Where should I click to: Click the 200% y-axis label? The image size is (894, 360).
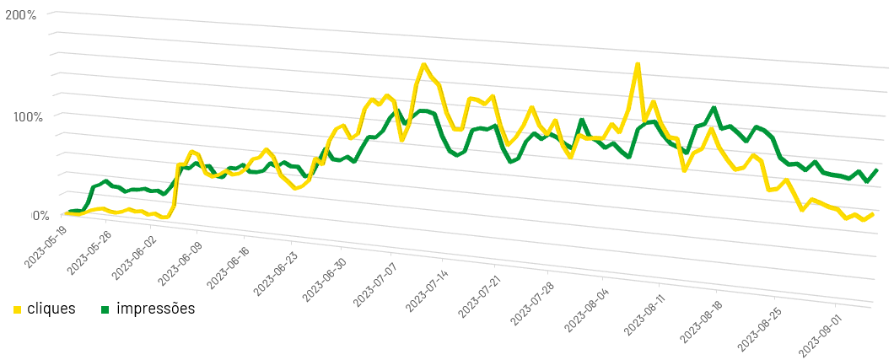pyautogui.click(x=19, y=17)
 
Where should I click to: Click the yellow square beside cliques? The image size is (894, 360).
pyautogui.click(x=18, y=309)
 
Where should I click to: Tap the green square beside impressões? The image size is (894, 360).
pyautogui.click(x=105, y=309)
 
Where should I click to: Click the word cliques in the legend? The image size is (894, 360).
pyautogui.click(x=51, y=309)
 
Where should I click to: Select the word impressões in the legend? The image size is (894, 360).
pyautogui.click(x=155, y=309)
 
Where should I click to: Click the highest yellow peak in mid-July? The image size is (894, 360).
pyautogui.click(x=423, y=65)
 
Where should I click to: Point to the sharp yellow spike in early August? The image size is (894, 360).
pyautogui.click(x=638, y=64)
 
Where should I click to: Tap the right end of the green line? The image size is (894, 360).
pyautogui.click(x=877, y=170)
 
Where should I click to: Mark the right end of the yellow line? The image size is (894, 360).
pyautogui.click(x=872, y=214)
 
